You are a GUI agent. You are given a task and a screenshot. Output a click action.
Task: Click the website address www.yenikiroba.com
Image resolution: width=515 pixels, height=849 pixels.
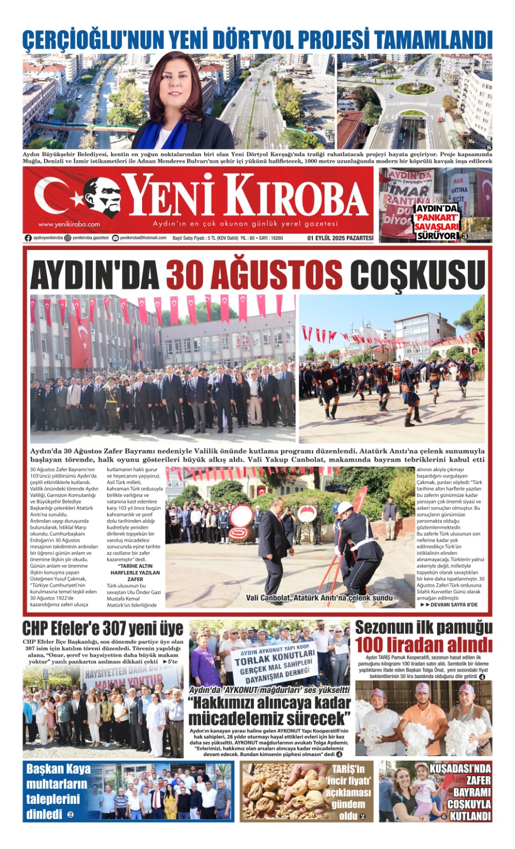(69, 224)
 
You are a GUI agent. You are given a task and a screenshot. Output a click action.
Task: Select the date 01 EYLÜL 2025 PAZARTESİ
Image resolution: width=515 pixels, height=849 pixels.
(340, 238)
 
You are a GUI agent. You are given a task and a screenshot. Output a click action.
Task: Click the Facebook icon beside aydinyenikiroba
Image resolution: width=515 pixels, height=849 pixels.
(28, 238)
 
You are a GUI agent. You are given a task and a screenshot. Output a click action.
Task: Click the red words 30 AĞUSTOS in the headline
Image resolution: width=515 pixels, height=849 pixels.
(254, 275)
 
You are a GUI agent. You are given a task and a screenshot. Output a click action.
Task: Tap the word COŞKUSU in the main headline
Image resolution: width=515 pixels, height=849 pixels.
(417, 275)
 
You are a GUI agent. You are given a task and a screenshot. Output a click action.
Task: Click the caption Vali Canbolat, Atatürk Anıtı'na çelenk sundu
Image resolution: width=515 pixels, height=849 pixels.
(319, 598)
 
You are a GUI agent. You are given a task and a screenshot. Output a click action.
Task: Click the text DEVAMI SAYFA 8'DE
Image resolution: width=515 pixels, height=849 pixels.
(450, 605)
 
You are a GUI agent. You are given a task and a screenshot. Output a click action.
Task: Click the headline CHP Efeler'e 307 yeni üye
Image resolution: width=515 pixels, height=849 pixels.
(103, 629)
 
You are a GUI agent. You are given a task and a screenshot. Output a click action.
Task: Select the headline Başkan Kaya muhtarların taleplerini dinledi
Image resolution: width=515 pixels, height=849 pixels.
(57, 791)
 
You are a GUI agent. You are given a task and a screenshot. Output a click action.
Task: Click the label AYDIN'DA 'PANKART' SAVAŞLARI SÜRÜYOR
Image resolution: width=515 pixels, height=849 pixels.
(436, 222)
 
